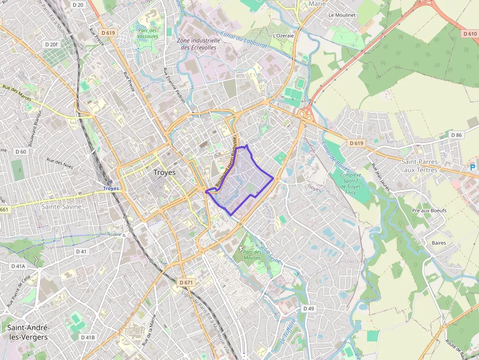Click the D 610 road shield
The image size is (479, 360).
click(469, 34)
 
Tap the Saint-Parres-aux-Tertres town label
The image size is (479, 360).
click(420, 166)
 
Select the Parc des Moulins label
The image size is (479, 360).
click(252, 254)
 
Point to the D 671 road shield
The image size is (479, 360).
click(187, 283)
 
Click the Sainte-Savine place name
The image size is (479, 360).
click(61, 207)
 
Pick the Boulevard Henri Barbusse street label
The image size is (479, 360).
click(226, 162)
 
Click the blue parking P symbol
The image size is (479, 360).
click(472, 168)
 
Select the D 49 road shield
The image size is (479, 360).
click(308, 309)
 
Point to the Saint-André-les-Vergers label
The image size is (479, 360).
click(27, 333)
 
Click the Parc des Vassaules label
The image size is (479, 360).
click(148, 33)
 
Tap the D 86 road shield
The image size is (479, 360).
click(457, 135)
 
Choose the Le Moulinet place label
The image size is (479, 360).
click(342, 15)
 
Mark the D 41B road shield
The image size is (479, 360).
click(88, 338)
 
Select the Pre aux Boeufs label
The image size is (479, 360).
click(429, 211)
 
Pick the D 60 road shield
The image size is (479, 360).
click(21, 151)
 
